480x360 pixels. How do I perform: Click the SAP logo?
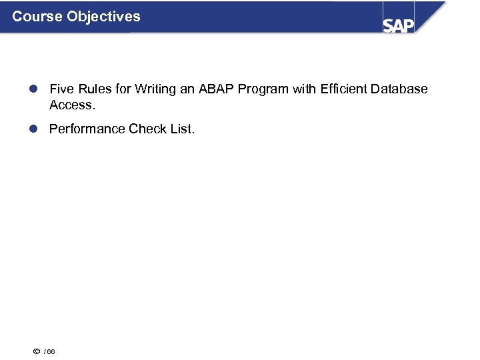[x=399, y=25]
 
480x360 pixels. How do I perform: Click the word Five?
[x=62, y=89]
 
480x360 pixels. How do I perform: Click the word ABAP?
[x=214, y=89]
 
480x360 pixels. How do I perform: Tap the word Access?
[x=71, y=105]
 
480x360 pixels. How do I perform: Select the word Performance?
[x=87, y=129]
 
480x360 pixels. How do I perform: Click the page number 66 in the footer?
[x=51, y=351]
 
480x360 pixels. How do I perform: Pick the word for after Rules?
[x=121, y=89]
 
